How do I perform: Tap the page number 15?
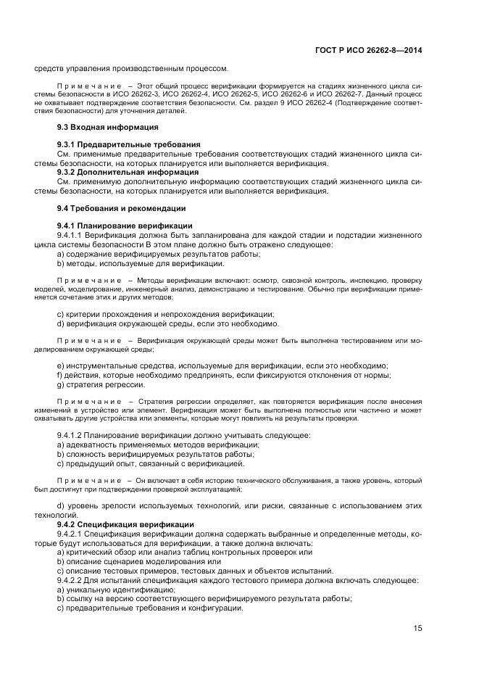(x=417, y=628)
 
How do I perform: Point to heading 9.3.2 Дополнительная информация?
(x=117, y=173)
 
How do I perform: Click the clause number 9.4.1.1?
(x=70, y=235)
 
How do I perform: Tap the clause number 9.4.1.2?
(x=70, y=435)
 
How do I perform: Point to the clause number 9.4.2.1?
(x=70, y=533)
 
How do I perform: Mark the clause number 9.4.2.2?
(x=70, y=580)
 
